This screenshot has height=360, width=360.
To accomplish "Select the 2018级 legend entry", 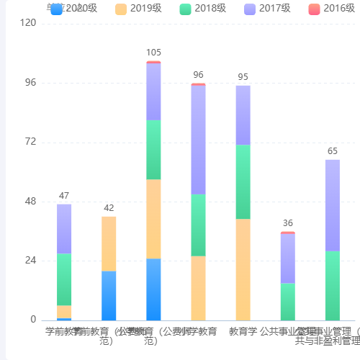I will [x=205, y=9].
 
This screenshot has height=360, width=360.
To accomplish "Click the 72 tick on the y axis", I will [x=30, y=142].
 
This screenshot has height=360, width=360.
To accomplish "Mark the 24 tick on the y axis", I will [x=30, y=261].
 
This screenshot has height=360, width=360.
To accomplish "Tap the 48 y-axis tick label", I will [x=30, y=201].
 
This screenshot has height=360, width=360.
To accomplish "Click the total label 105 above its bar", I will [x=153, y=53].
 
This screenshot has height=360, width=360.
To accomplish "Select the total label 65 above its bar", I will [x=332, y=151].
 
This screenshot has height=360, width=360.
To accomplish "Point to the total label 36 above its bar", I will [x=287, y=223].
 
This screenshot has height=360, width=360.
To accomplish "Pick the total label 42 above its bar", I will [x=109, y=208].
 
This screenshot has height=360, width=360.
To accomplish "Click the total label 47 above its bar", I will [x=64, y=196].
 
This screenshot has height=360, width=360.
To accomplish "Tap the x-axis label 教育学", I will [x=243, y=332].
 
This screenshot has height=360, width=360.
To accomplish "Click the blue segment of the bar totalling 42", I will [x=109, y=295].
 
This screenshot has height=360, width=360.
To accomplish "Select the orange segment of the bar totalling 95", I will [x=243, y=269].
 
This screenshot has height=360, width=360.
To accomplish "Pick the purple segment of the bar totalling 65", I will [x=332, y=205].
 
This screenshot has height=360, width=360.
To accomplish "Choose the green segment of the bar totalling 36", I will [x=287, y=301].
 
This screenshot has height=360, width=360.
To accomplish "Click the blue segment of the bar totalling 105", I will [x=153, y=289].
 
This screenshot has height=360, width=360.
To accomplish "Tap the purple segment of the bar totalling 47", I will [x=64, y=228].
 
